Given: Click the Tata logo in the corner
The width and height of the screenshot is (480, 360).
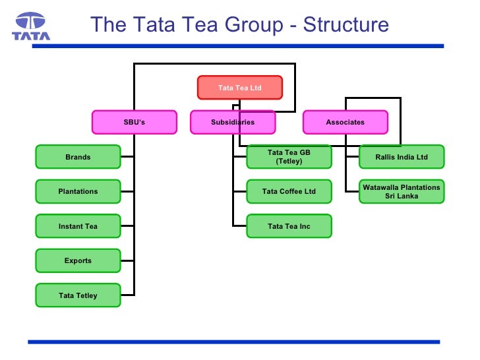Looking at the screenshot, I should [x=30, y=26].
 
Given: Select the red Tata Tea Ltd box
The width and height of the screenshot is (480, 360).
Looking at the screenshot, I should [x=239, y=88].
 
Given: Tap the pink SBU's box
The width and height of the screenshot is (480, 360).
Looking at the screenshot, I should [x=134, y=122].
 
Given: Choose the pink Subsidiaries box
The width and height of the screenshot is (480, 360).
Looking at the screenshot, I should [x=232, y=122].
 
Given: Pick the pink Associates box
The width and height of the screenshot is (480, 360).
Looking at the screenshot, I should [x=345, y=122].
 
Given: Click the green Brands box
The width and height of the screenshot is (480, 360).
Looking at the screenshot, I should [x=78, y=157].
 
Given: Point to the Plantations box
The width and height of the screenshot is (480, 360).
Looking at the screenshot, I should [x=78, y=191].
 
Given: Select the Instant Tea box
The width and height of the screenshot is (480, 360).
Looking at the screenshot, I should [x=78, y=226].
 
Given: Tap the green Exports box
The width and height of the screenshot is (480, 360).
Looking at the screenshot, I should [x=78, y=260].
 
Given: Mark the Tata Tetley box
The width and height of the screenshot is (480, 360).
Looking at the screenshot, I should [x=78, y=295].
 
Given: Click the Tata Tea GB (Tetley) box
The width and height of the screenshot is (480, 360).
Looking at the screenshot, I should [x=289, y=157].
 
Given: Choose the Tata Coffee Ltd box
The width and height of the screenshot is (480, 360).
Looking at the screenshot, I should [x=289, y=191].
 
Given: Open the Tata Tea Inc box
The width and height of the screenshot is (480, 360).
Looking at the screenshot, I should [x=289, y=226].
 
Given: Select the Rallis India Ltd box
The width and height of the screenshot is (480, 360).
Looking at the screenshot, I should [x=402, y=157].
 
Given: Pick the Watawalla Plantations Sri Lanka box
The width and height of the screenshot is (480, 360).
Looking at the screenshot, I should [x=402, y=191].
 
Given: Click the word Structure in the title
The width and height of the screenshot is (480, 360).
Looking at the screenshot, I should [x=343, y=25].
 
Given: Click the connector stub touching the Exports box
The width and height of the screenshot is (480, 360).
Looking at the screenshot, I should [x=127, y=260].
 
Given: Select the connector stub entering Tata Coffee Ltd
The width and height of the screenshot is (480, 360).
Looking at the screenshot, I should [x=239, y=191].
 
